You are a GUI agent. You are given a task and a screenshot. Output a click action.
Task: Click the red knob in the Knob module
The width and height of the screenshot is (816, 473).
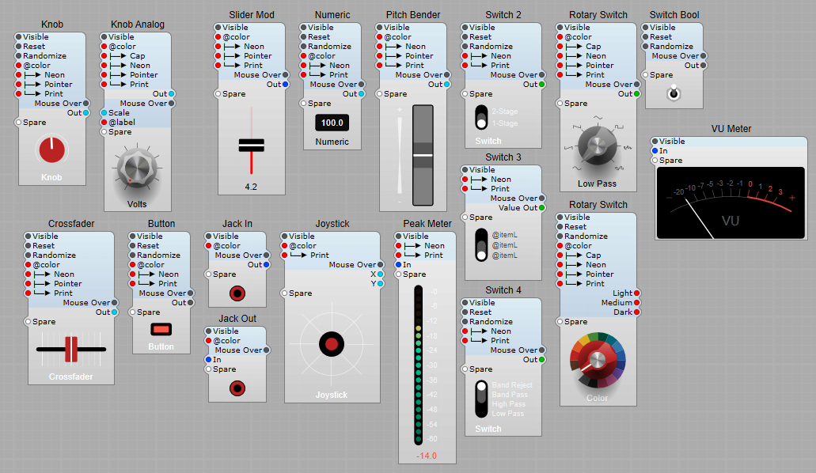51,149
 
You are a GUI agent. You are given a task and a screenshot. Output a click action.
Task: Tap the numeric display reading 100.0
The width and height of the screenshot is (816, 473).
332,123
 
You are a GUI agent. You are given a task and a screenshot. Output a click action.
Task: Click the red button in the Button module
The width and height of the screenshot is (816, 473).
161,328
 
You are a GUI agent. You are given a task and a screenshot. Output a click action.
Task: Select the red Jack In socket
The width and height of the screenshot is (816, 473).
237,293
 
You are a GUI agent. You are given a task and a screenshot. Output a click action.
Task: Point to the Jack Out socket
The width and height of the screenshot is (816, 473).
237,388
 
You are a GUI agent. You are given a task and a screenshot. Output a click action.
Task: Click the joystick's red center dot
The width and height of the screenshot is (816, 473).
332,343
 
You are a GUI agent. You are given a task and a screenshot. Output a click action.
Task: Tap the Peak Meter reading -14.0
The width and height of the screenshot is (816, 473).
427,456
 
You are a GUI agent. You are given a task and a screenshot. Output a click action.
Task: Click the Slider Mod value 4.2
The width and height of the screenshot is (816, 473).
251,187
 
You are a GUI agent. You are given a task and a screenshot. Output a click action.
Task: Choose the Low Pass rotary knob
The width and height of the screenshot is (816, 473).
597,145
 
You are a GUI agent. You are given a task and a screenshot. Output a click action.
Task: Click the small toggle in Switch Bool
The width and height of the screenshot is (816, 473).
674,93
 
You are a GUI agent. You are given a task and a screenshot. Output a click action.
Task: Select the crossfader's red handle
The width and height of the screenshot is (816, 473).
71,349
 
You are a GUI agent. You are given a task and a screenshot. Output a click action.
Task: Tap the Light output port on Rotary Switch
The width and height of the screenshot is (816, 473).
636,293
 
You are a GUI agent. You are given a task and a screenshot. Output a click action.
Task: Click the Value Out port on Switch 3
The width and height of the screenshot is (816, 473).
542,208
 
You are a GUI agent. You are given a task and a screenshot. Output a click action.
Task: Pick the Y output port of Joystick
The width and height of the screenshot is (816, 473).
381,284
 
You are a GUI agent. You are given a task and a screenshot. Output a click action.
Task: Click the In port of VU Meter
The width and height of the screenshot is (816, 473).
655,151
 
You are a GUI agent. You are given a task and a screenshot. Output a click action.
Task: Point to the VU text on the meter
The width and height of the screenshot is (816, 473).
731,221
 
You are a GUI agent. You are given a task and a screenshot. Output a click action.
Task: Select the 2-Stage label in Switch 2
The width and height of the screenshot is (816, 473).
504,112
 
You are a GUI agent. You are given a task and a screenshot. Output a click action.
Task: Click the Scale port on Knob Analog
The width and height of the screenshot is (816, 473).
104,113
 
